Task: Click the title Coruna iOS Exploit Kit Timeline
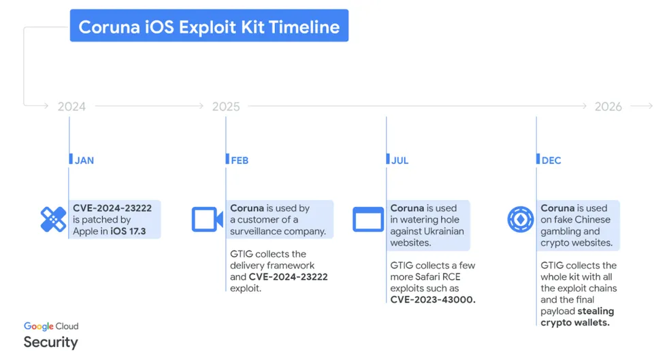pos(209,27)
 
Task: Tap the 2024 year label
pos(71,106)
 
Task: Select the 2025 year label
pos(226,106)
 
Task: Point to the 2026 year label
pos(608,106)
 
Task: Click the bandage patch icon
pos(53,219)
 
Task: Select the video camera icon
pos(207,219)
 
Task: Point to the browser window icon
pos(368,219)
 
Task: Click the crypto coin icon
pos(520,219)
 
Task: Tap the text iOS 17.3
pos(128,231)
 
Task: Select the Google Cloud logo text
pos(51,327)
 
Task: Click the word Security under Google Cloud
pos(50,342)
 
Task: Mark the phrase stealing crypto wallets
pos(577,316)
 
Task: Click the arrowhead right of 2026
pos(650,106)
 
